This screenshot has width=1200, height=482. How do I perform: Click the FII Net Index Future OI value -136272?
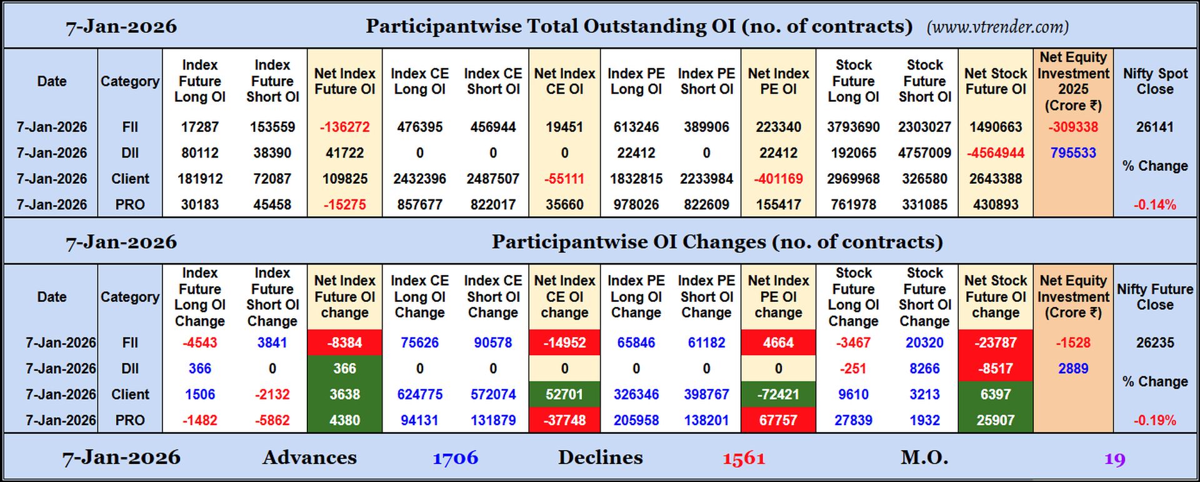tap(344, 127)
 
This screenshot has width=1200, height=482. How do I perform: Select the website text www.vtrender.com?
tap(997, 27)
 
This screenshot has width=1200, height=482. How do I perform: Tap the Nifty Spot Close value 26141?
tap(1154, 127)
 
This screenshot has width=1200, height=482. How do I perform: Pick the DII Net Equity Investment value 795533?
tap(1072, 153)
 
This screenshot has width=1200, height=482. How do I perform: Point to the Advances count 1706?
tap(455, 458)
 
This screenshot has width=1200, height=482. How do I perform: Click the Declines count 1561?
tap(743, 458)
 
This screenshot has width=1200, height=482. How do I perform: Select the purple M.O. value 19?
tap(1114, 459)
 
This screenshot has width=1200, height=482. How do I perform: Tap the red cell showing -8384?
tap(344, 343)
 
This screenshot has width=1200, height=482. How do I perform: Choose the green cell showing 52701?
tap(564, 394)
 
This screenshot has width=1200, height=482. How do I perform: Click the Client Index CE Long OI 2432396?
tap(419, 179)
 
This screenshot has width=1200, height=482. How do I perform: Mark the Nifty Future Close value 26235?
tap(1154, 343)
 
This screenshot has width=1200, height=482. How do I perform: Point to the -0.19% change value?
tap(1154, 420)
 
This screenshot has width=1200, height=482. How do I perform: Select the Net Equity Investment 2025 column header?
tap(1072, 81)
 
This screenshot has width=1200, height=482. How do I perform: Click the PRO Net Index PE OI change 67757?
tap(777, 420)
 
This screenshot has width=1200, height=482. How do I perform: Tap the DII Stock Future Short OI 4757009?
tap(924, 153)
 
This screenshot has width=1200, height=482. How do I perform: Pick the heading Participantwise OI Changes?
tap(716, 242)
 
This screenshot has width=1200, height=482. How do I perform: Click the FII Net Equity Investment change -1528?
tap(1072, 343)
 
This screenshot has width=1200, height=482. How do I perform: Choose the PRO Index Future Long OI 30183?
tap(199, 204)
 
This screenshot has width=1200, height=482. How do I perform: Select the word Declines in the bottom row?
tap(600, 458)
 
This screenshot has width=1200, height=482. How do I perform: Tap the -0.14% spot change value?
tap(1154, 204)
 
